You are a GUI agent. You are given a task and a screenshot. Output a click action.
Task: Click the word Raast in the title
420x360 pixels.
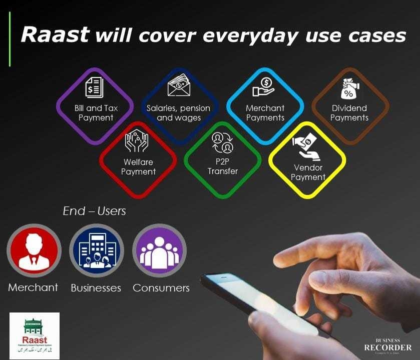(55, 35)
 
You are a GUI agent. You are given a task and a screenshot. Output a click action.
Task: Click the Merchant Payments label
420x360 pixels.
(265, 113)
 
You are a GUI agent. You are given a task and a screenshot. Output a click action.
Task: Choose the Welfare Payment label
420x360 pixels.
(138, 167)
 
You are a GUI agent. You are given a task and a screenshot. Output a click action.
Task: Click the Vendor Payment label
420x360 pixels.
(307, 172)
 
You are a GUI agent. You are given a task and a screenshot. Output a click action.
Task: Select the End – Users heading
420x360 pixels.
(94, 211)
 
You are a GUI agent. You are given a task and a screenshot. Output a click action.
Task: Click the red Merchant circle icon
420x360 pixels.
(34, 250)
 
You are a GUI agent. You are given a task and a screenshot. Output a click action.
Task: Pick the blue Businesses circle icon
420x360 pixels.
(96, 250)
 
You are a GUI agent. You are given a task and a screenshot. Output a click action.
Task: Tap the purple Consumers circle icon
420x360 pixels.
(159, 250)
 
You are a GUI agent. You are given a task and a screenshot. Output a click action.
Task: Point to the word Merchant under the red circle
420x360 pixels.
(33, 287)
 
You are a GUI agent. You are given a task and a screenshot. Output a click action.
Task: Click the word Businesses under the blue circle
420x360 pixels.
(96, 288)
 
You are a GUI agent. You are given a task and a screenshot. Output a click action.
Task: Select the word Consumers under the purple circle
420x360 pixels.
(161, 288)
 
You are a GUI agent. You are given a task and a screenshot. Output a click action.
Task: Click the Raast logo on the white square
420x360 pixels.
(35, 335)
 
